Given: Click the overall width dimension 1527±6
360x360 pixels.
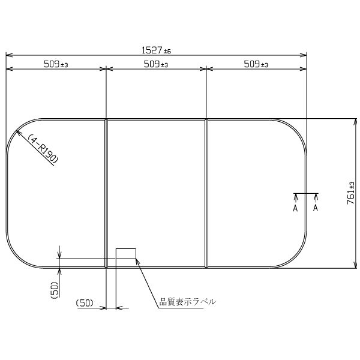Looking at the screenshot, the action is [156, 50].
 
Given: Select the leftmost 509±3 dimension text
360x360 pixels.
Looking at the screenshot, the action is [56, 64].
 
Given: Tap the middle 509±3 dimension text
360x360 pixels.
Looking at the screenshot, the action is [156, 64].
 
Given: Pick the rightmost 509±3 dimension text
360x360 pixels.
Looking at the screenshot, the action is [256, 64].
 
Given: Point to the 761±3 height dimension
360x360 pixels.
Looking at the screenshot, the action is [351, 193].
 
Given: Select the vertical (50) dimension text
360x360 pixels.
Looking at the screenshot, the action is [55, 290].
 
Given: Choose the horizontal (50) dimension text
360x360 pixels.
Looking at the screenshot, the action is [85, 303].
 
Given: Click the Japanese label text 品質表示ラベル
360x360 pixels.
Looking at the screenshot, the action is [188, 301].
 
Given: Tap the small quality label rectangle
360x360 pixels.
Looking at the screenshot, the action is [126, 253].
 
